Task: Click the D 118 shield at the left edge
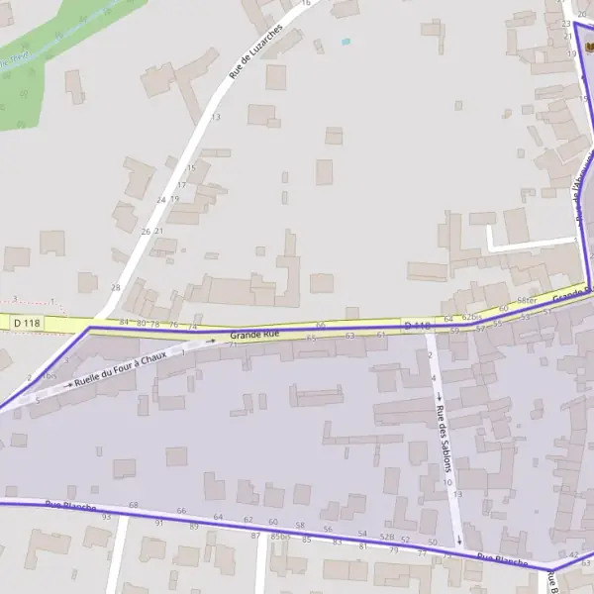[x=27, y=323]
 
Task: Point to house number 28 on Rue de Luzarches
[x=115, y=287]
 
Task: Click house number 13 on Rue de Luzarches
[x=215, y=117]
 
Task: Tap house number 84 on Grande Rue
[x=124, y=323]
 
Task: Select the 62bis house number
[x=471, y=317]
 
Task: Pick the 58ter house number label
[x=526, y=300]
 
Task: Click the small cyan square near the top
[x=345, y=42]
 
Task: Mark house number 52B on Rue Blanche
[x=387, y=537]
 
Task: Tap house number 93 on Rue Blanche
[x=106, y=517]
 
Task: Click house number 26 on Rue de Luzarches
[x=147, y=232]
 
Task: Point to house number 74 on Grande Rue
[x=192, y=326]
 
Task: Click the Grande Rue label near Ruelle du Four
[x=255, y=336]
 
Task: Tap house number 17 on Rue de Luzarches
[x=181, y=184]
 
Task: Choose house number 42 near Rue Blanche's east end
[x=574, y=555]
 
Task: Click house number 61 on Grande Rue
[x=381, y=335]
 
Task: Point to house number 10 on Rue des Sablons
[x=447, y=482]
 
